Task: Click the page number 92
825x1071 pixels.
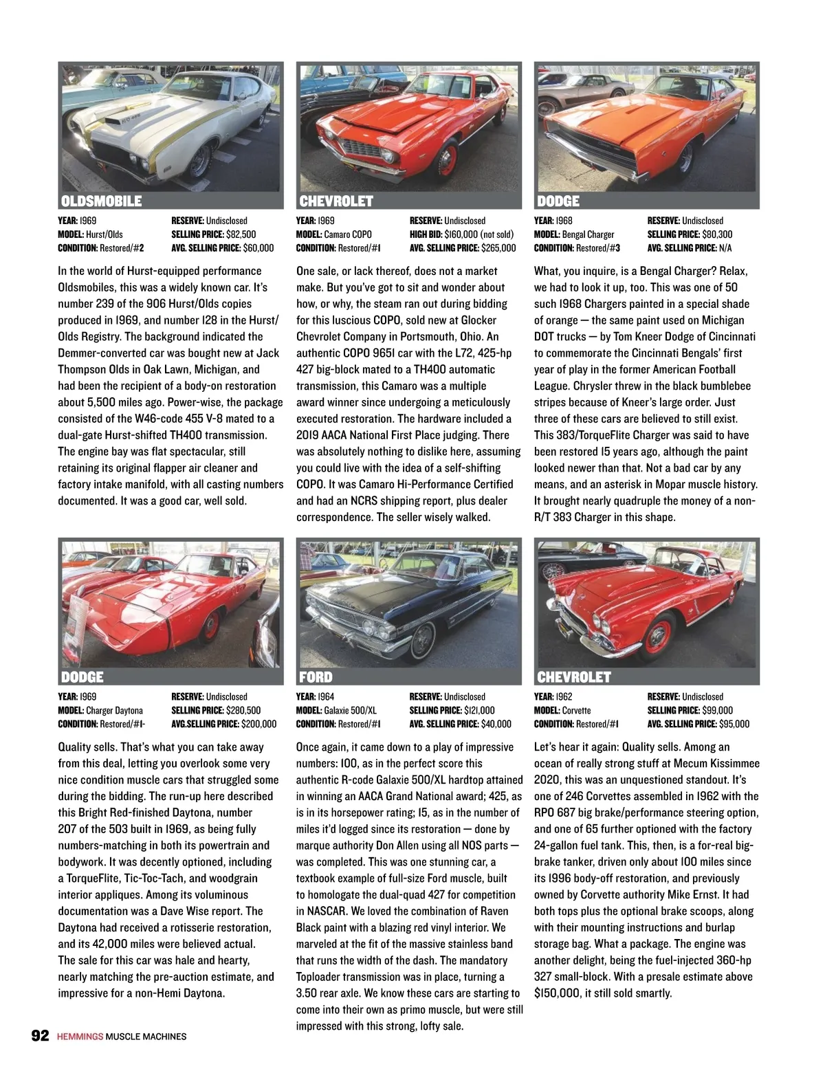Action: [40, 1035]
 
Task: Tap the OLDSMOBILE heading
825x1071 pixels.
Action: [101, 201]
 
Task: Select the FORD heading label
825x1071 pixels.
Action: [316, 677]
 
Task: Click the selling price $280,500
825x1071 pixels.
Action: [243, 710]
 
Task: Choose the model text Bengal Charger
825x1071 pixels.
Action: [588, 234]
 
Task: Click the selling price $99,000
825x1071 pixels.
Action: [717, 710]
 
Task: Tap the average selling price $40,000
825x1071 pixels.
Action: [496, 724]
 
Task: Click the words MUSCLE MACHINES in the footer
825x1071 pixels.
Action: [146, 1037]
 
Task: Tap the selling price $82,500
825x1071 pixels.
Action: [241, 234]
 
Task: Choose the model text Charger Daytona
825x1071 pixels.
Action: [114, 710]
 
